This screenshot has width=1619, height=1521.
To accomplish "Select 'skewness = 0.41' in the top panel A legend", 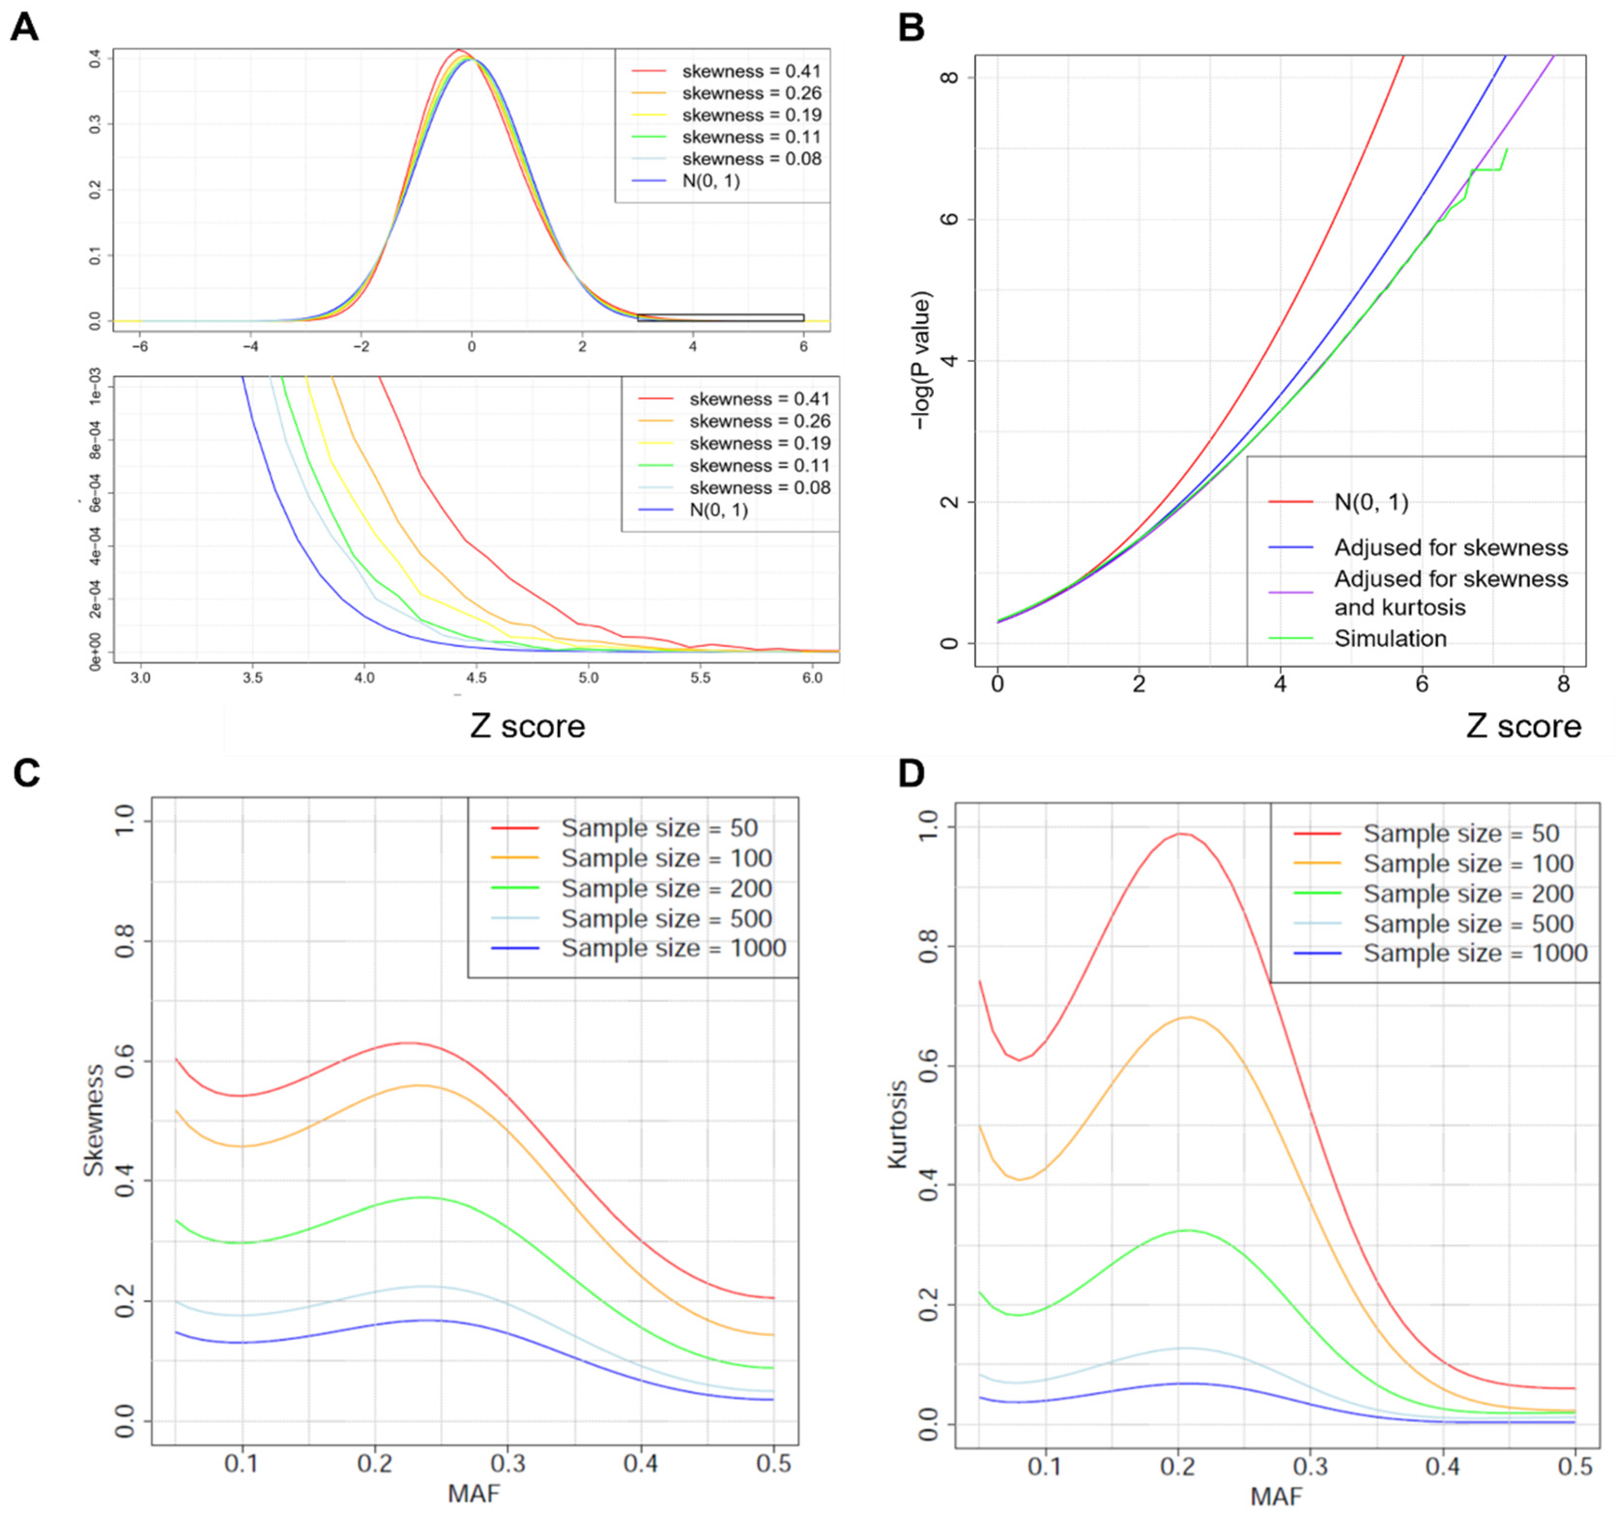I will coord(751,71).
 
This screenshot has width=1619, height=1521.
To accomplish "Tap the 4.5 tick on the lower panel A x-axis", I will coord(476,678).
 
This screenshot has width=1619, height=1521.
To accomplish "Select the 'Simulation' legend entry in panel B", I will coord(1390,639).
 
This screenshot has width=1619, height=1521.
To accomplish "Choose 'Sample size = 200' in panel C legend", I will coord(666,888).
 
